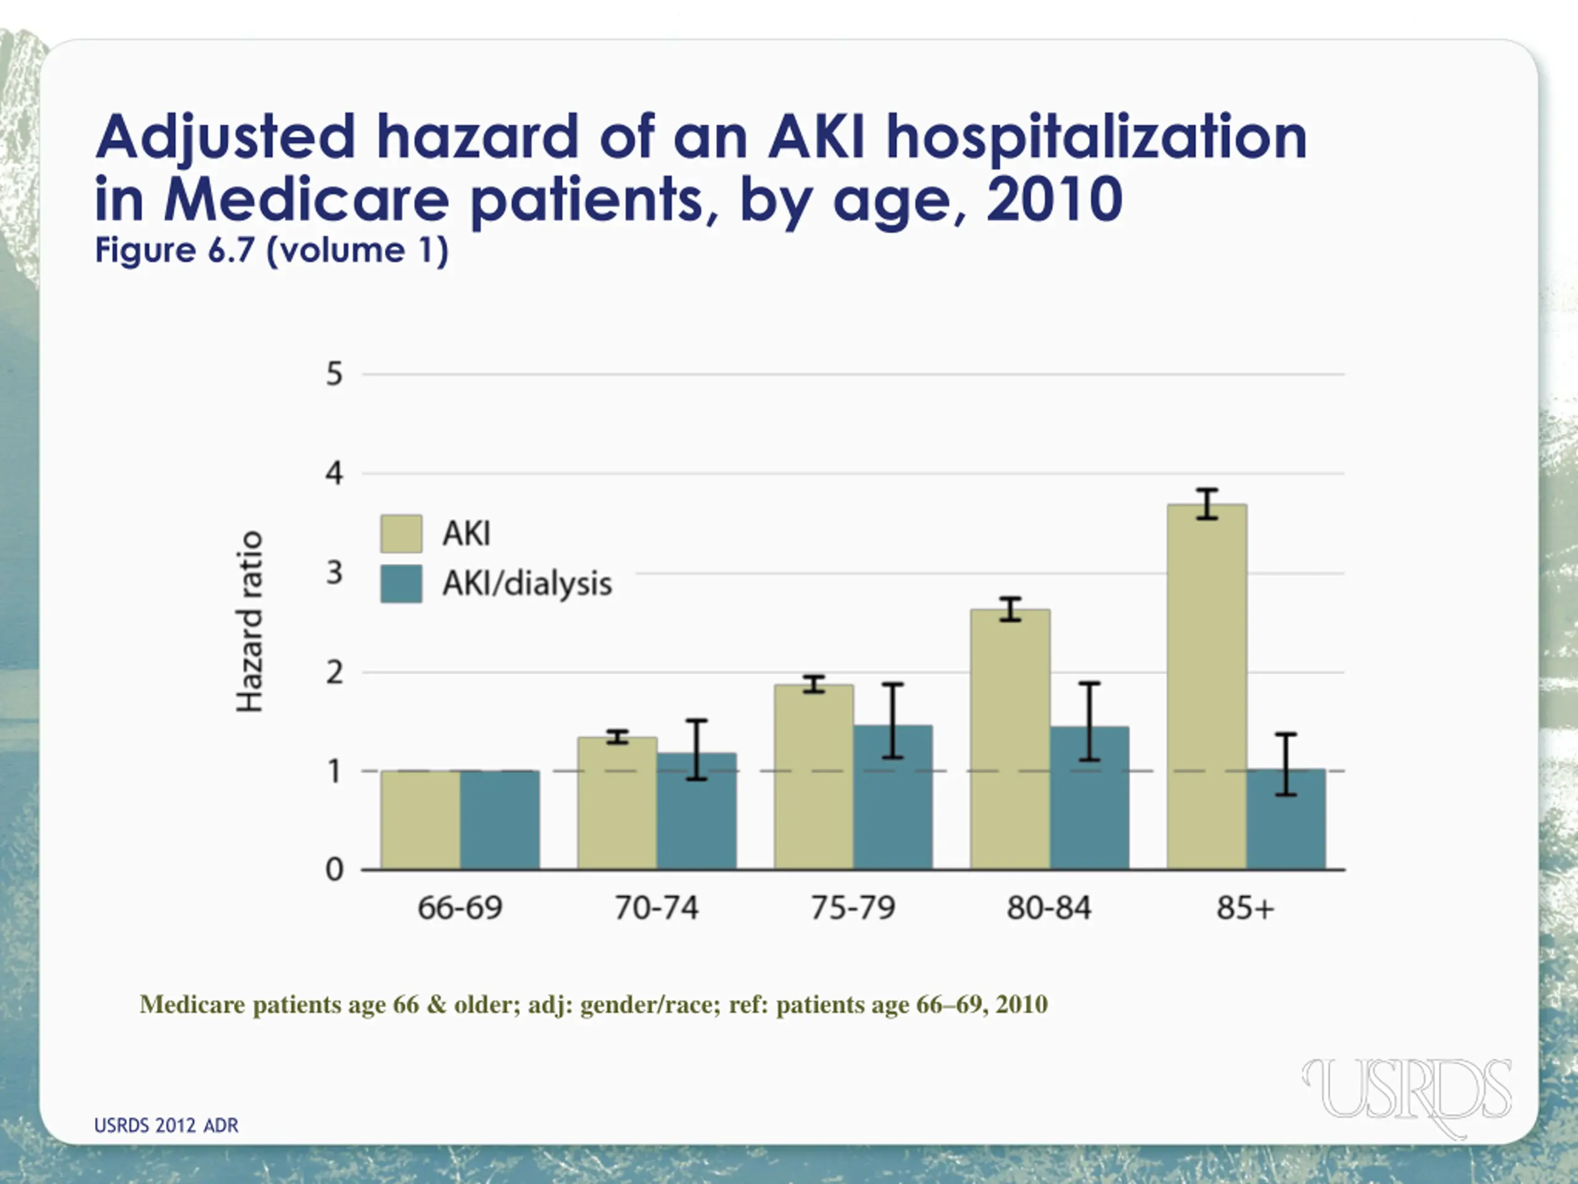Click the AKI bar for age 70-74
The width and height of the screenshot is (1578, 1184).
coord(617,804)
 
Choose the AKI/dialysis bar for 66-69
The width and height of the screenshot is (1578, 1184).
coord(499,820)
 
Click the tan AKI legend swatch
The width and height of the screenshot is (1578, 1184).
coord(401,534)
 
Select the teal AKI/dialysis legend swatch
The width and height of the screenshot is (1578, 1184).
coord(401,584)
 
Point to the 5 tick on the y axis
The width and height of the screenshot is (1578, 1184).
coord(335,374)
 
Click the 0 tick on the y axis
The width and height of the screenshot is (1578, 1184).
coord(335,870)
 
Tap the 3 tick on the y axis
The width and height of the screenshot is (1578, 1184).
coord(335,573)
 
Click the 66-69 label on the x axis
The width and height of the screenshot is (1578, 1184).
coord(460,908)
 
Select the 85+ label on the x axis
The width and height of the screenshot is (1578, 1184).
coord(1245,908)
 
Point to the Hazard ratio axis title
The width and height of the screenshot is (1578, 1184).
coord(250,622)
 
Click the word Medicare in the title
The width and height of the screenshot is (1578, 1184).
coord(307,199)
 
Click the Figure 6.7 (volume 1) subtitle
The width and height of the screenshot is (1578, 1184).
coord(272,250)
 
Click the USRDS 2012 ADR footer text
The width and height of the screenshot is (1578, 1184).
coord(166,1125)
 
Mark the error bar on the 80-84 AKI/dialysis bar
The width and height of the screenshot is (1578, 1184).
coord(1089,721)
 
